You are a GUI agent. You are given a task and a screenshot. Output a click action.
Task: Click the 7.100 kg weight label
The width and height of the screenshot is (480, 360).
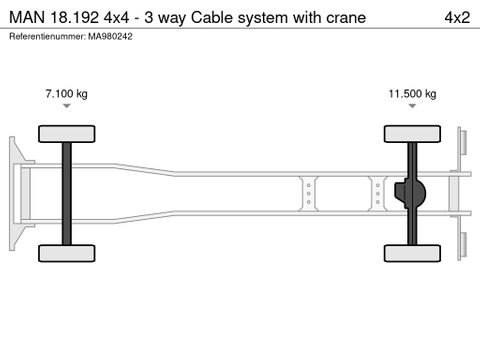point(66,94)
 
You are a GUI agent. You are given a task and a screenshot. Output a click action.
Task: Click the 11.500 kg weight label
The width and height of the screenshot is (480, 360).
point(412,94)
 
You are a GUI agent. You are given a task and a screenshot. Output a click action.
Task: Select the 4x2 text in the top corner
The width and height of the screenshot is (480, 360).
point(455,17)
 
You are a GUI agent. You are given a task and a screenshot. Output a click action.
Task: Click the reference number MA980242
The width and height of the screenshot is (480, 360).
point(111,36)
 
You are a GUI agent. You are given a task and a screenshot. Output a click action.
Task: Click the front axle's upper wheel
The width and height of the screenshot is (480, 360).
point(66,135)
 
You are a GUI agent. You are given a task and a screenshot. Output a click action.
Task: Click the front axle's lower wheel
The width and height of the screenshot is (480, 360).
point(66,252)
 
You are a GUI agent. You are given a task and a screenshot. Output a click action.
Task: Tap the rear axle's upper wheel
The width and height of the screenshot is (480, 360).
point(411,135)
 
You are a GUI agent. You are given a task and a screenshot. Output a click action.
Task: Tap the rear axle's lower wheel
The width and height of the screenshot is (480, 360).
point(411,252)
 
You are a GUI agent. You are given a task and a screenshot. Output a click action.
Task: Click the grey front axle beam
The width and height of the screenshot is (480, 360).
point(66,193)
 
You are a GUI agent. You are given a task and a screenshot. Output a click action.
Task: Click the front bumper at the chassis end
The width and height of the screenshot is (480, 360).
point(14,193)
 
